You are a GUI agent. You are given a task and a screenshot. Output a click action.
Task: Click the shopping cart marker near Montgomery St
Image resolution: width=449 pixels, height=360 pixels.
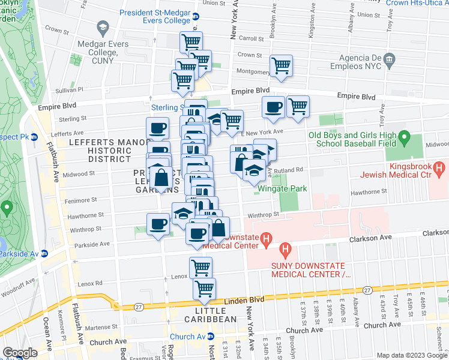(280, 66)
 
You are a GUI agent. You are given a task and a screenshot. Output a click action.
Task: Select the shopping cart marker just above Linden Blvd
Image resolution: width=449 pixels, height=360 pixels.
(205, 289)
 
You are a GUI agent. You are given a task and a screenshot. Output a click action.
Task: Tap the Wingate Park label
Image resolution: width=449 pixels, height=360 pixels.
(282, 188)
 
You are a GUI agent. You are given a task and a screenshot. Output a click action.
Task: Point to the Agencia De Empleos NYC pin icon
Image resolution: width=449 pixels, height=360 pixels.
(389, 59)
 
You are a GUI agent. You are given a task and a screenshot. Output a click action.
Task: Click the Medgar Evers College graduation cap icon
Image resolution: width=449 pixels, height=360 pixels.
(103, 28)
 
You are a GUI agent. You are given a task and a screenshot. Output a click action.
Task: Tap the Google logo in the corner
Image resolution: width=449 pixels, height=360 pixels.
(20, 353)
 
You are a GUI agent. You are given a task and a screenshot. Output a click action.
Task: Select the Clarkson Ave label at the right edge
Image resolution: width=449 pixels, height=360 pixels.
(435, 232)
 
